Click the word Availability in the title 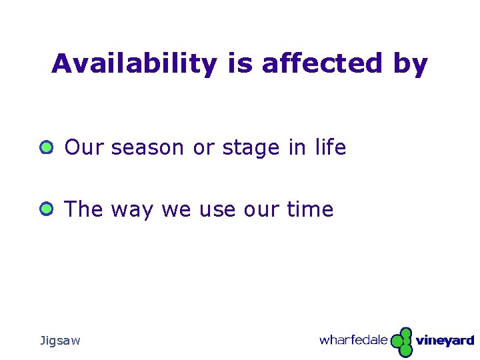(134, 64)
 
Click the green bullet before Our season (45, 147)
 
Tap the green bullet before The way (45, 209)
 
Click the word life (329, 147)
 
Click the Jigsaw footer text (60, 341)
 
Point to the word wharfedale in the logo (353, 340)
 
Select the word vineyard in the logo (445, 341)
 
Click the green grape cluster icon (402, 342)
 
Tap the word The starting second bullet (84, 209)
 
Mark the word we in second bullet (175, 210)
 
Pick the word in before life (297, 147)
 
